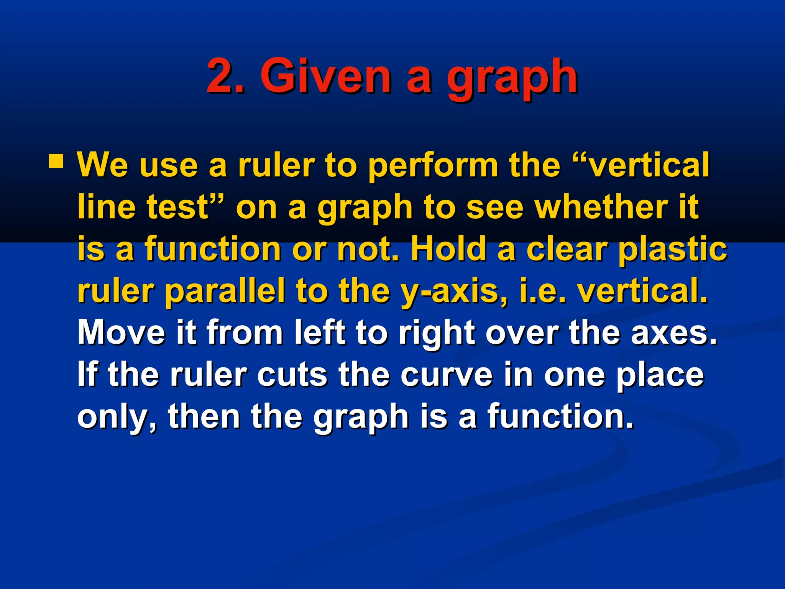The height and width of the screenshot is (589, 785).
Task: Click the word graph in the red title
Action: [x=512, y=79]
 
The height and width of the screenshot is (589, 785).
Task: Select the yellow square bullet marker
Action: [x=56, y=161]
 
